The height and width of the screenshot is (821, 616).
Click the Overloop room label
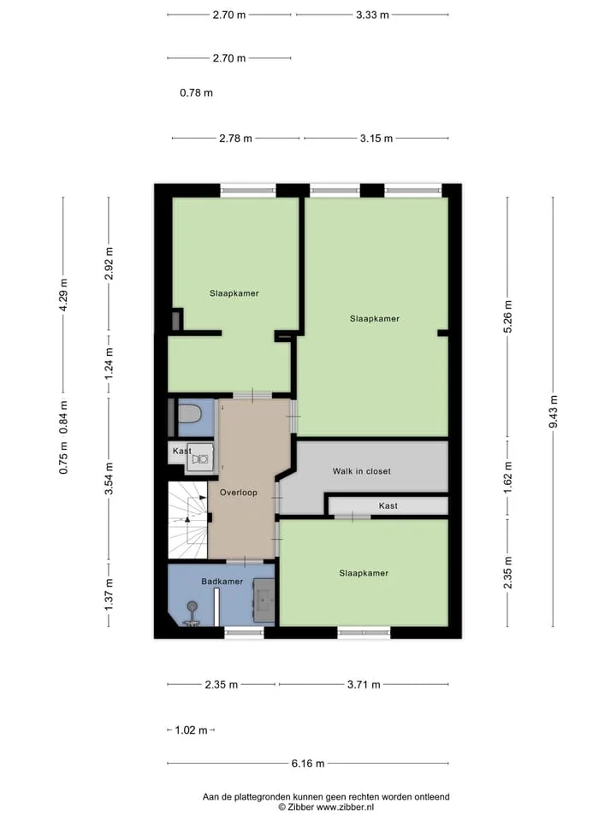click(x=239, y=493)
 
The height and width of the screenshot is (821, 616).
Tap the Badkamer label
click(x=222, y=582)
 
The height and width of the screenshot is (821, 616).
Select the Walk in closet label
click(x=361, y=471)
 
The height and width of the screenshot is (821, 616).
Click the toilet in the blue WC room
click(x=190, y=414)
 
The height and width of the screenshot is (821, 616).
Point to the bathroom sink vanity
click(x=264, y=600)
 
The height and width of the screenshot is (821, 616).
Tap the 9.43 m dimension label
click(x=554, y=411)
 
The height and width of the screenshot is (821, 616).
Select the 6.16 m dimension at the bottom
click(x=308, y=764)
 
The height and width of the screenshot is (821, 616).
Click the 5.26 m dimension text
click(x=507, y=316)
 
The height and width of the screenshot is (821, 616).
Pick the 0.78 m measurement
click(x=197, y=92)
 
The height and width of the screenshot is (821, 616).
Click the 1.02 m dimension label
click(x=191, y=729)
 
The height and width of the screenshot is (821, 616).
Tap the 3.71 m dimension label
click(x=364, y=684)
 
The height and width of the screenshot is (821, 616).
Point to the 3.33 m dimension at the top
click(x=372, y=15)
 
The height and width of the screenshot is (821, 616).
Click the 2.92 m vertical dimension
click(x=109, y=263)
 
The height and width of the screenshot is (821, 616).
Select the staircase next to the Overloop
click(x=187, y=521)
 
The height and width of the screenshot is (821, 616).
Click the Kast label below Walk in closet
click(x=388, y=505)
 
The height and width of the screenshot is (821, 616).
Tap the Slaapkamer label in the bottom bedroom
click(x=364, y=573)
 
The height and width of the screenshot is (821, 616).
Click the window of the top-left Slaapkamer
click(x=248, y=191)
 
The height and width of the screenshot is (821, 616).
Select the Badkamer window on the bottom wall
click(x=244, y=633)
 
